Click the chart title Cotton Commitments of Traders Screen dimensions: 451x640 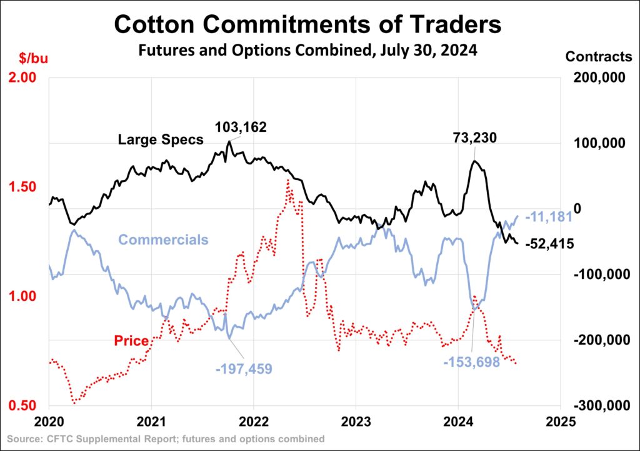coord(307,24)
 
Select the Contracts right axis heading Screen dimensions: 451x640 coord(598,56)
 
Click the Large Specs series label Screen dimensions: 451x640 coord(161,139)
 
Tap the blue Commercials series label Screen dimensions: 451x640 coord(163,240)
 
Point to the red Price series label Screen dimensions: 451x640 coord(131,341)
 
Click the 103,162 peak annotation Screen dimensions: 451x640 coord(241,128)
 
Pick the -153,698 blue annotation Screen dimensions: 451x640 coord(471,362)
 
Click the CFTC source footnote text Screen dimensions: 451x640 coord(164,439)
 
